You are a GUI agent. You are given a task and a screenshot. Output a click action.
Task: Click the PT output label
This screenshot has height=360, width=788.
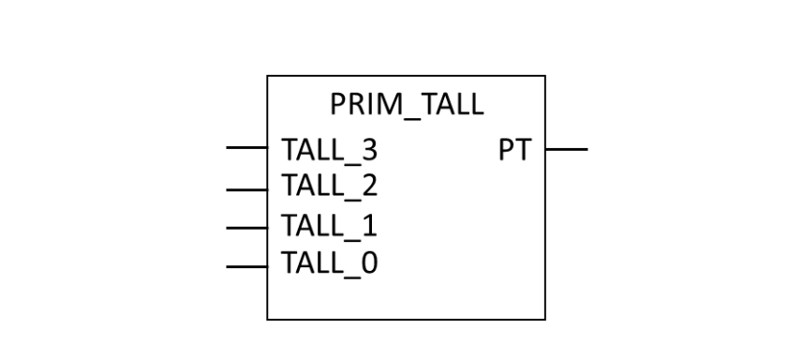tap(514, 150)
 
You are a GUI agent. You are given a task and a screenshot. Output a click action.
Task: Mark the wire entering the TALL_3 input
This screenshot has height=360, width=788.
tap(247, 148)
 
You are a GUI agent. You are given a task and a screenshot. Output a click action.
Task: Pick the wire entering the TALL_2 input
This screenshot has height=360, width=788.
tap(247, 189)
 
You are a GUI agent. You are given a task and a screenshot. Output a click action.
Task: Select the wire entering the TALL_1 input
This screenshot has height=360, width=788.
tap(247, 227)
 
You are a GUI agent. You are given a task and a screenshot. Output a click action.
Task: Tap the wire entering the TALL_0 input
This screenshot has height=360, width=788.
tap(247, 266)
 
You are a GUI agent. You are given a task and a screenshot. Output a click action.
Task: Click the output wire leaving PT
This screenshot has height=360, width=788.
tap(567, 148)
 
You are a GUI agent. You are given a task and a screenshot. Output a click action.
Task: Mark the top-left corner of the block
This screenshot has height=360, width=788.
tap(268, 77)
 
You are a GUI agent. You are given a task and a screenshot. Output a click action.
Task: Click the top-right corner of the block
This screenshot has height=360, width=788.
tap(545, 77)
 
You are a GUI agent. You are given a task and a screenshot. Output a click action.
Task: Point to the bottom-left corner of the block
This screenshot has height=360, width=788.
tap(268, 320)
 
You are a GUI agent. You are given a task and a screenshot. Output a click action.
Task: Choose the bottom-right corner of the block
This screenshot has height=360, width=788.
tap(545, 320)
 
